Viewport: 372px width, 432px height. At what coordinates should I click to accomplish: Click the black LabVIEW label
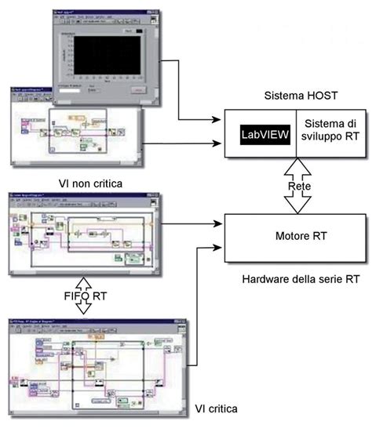pos(264,135)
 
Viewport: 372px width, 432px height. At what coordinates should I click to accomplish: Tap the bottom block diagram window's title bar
pos(78,322)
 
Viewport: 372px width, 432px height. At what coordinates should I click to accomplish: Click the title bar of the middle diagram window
pos(78,194)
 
